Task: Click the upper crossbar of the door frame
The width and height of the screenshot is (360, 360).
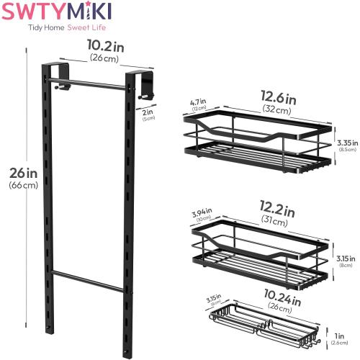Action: click(94, 84)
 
